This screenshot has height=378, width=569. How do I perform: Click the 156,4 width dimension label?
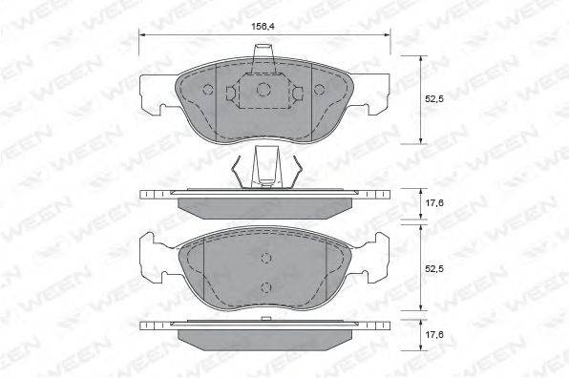click(x=262, y=26)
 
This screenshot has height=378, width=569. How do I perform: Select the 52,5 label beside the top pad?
click(x=434, y=98)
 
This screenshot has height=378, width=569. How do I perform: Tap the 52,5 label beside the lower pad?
click(x=434, y=269)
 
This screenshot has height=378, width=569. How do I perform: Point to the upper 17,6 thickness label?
click(x=434, y=203)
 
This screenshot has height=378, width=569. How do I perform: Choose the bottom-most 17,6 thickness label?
click(x=434, y=334)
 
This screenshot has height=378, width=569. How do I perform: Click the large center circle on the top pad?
click(x=263, y=89)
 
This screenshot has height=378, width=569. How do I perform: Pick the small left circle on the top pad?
click(x=208, y=89)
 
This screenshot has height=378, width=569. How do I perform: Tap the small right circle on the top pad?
click(x=319, y=89)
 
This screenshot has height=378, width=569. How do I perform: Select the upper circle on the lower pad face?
click(x=266, y=258)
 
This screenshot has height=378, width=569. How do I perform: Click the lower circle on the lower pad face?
click(x=266, y=287)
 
